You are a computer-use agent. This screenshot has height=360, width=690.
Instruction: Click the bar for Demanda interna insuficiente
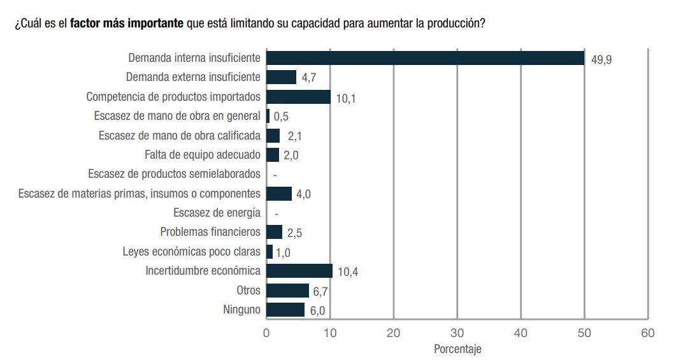[x=425, y=58]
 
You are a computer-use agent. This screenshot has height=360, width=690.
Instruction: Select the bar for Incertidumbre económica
[x=299, y=271]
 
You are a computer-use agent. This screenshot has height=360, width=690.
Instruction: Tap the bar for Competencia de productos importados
[x=298, y=97]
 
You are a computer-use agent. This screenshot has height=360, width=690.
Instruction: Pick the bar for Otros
[x=287, y=291]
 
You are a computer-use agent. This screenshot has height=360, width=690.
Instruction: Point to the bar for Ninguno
[x=285, y=310]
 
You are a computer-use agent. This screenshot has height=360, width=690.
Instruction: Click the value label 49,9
[x=601, y=60]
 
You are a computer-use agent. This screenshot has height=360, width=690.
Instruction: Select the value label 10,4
[x=348, y=273]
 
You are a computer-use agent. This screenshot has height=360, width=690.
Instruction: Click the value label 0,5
[x=281, y=117]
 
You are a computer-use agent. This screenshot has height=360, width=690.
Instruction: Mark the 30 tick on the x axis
[x=457, y=333]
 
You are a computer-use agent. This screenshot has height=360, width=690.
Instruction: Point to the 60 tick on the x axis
[x=648, y=333]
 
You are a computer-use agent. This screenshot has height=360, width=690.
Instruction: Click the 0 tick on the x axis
[x=266, y=333]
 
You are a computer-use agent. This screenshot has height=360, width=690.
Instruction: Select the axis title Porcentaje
[x=457, y=349]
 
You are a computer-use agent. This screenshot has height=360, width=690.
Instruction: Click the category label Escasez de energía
[x=217, y=213]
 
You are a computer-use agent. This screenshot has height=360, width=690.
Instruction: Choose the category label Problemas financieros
[x=210, y=232]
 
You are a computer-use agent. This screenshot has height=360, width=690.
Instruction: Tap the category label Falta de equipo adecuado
[x=203, y=154]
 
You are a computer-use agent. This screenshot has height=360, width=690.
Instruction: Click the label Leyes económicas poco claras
[x=191, y=252]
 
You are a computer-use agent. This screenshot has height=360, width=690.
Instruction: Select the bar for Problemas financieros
[x=274, y=232]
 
